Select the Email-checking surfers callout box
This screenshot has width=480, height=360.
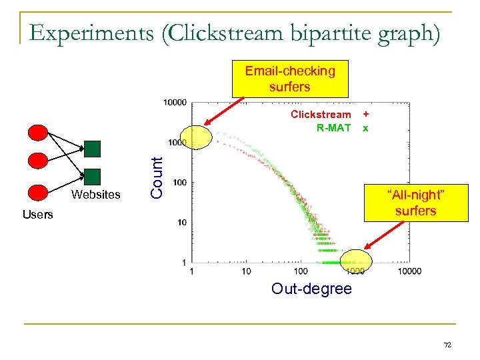tap(289, 79)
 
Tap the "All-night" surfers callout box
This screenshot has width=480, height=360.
tap(415, 203)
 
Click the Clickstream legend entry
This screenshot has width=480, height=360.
tap(320, 115)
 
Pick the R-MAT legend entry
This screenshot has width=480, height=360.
tap(333, 127)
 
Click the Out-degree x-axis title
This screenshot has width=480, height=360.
tap(311, 289)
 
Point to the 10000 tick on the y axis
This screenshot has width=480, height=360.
tap(175, 103)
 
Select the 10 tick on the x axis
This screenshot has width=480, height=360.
tap(246, 271)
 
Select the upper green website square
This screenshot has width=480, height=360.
tap(93, 148)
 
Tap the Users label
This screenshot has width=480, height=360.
tap(37, 215)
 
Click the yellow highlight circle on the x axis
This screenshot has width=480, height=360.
tap(356, 261)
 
